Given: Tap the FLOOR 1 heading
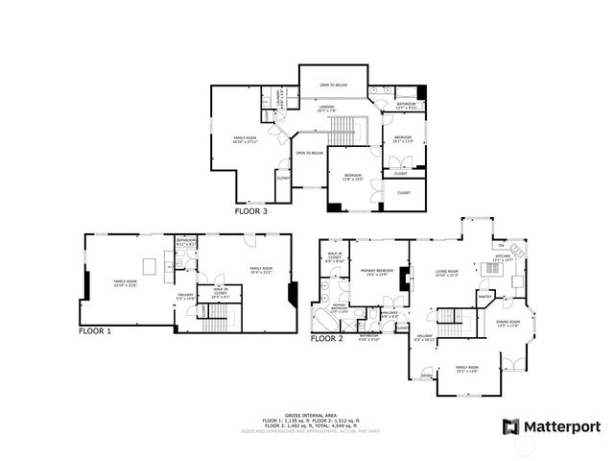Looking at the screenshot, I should (x=95, y=330).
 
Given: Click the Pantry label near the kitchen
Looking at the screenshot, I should (x=485, y=297).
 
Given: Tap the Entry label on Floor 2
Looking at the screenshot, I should (x=427, y=376).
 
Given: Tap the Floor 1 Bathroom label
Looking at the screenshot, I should (x=185, y=244).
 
